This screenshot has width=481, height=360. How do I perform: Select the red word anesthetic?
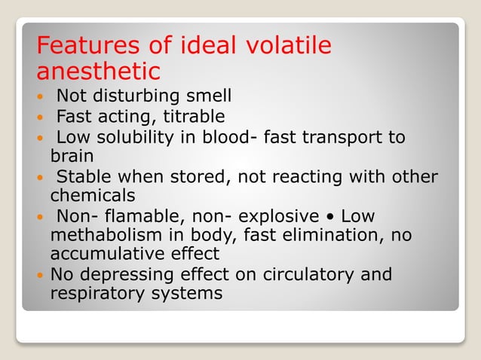click(x=98, y=72)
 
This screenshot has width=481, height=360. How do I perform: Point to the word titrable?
click(x=187, y=117)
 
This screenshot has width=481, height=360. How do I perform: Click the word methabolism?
click(x=106, y=236)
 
